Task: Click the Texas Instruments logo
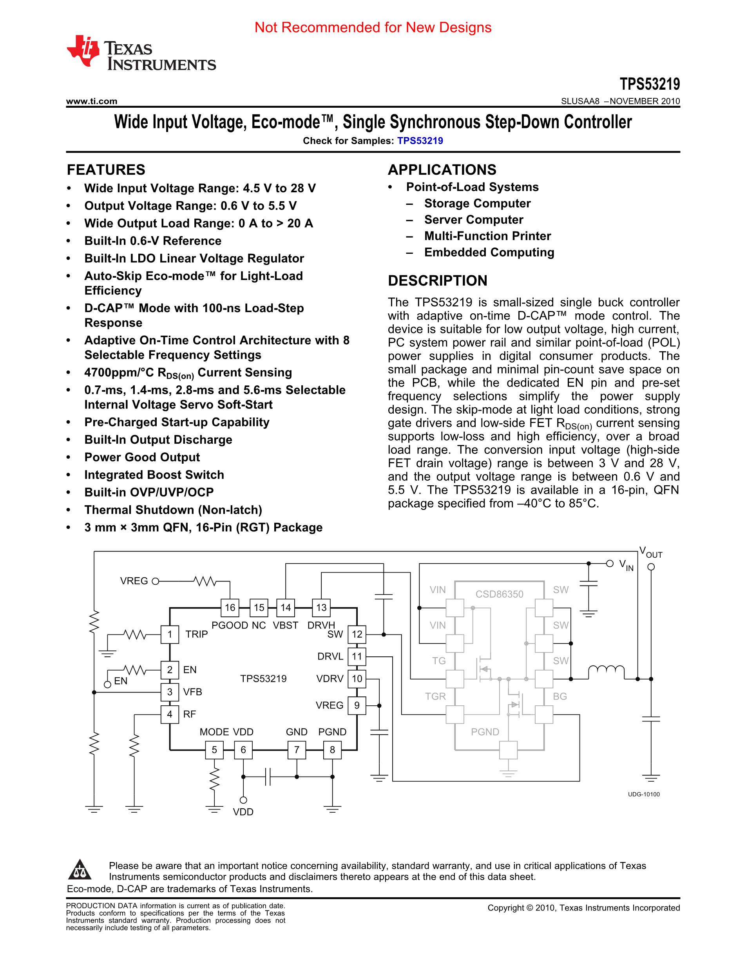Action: [x=141, y=54]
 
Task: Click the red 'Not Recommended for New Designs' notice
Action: [x=373, y=27]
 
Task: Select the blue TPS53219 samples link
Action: [x=420, y=141]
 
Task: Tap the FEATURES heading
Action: [x=106, y=170]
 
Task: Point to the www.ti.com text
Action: [x=91, y=101]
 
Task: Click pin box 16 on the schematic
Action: [x=230, y=607]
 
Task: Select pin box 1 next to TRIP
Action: [x=170, y=634]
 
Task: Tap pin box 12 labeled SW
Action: [x=357, y=634]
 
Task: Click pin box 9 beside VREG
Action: [x=357, y=706]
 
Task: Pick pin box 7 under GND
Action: [x=297, y=750]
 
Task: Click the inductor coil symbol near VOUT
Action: [x=606, y=672]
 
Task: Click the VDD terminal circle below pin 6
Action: [x=243, y=800]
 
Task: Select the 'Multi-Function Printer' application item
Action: [x=487, y=236]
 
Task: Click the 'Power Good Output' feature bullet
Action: [x=142, y=457]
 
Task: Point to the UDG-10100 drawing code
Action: [x=643, y=795]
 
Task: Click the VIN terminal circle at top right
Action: [x=610, y=563]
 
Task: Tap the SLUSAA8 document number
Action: [x=580, y=101]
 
